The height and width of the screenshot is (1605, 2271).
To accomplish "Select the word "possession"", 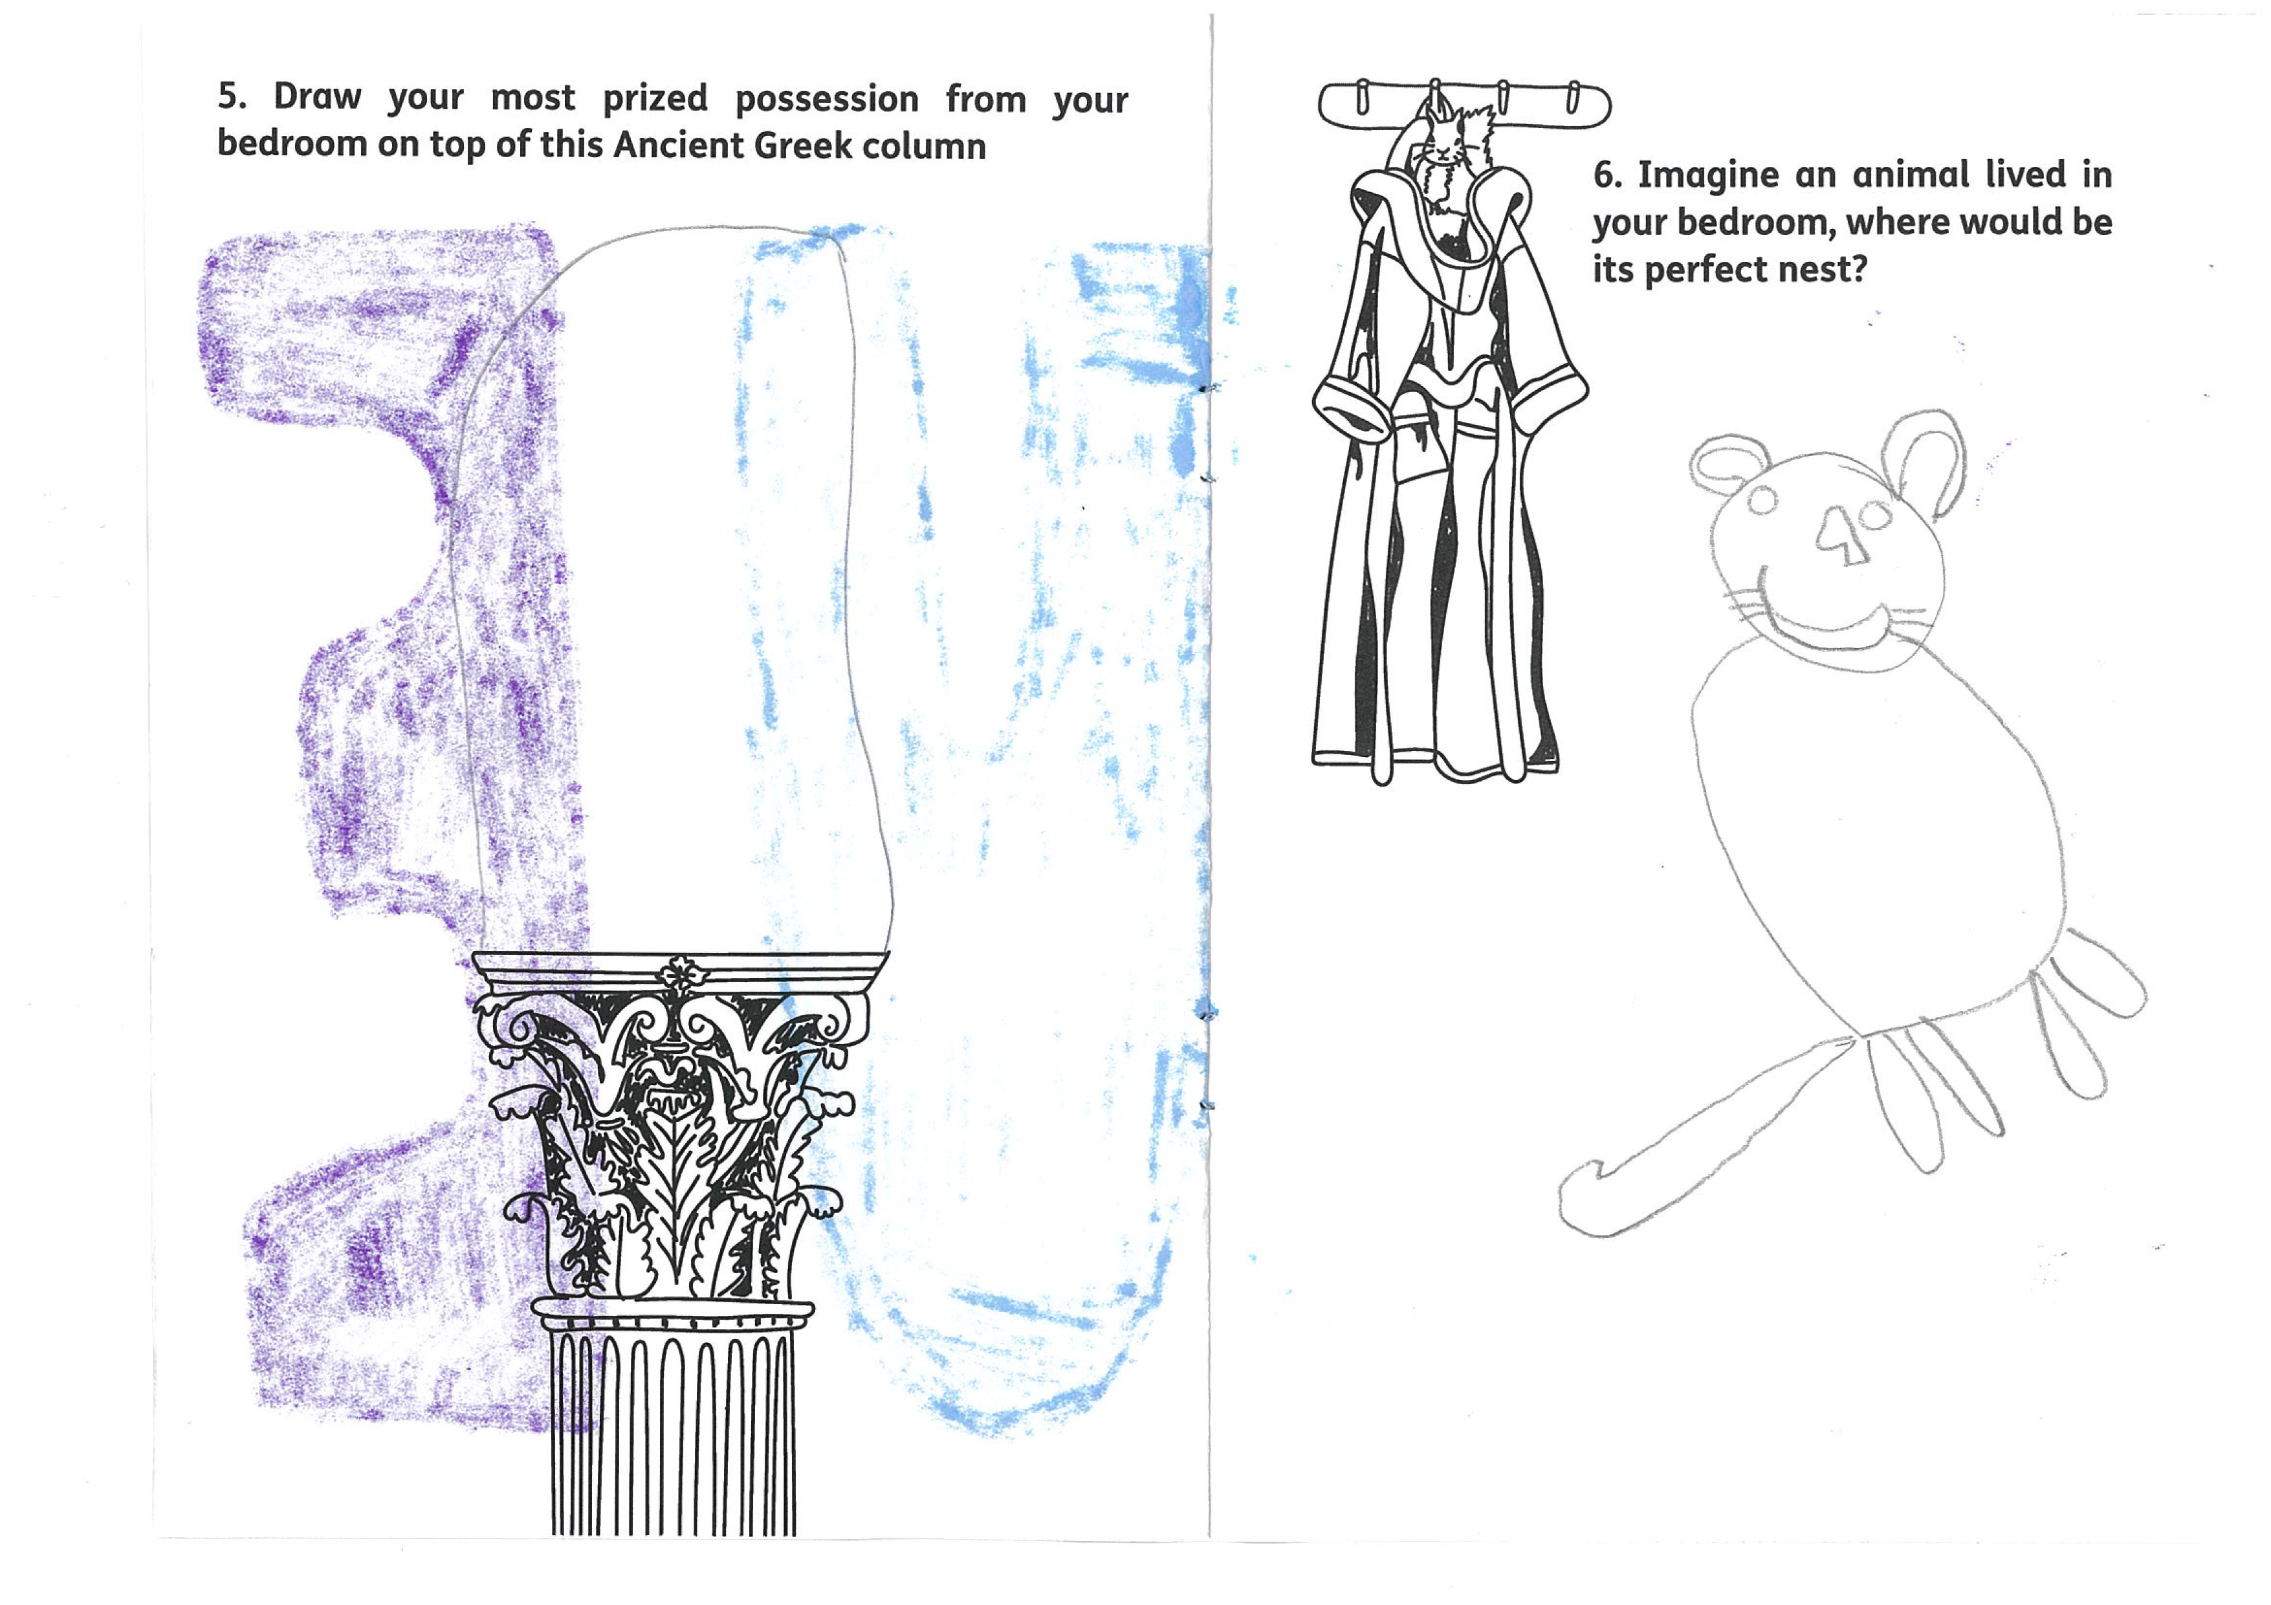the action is click(x=827, y=100).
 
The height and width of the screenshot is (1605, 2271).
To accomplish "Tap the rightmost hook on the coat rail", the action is click(x=1574, y=96).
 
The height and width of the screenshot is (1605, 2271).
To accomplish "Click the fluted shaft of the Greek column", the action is click(x=673, y=1434).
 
